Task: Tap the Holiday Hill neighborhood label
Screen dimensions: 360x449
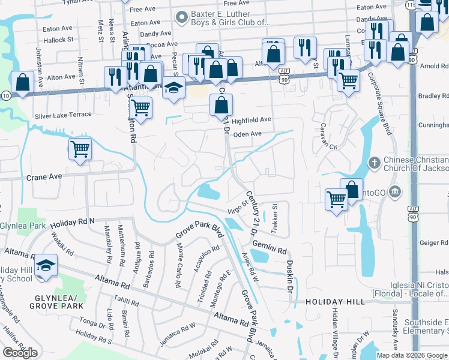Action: coord(334,301)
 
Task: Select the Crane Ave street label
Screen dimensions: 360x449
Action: coord(44,178)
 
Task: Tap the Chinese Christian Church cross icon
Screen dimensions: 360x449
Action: coord(374,163)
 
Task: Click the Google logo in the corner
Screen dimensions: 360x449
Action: coord(20,352)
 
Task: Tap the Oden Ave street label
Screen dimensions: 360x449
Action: coord(247,134)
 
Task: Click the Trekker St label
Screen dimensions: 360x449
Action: coord(276,214)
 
